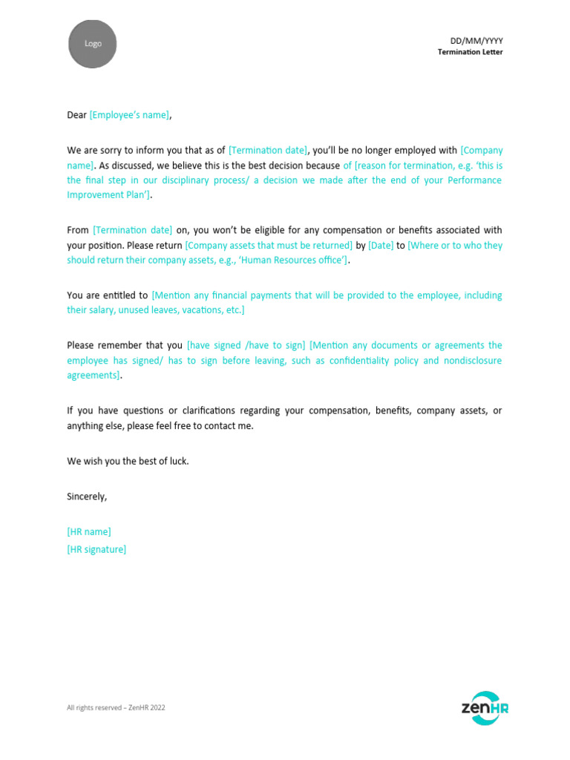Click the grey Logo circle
pyautogui.click(x=93, y=44)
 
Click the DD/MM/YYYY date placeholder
pyautogui.click(x=476, y=41)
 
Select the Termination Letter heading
pyautogui.click(x=470, y=52)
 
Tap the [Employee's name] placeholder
pyautogui.click(x=129, y=115)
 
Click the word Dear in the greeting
pyautogui.click(x=76, y=115)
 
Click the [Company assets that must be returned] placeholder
pyautogui.click(x=269, y=245)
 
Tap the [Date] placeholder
pyautogui.click(x=381, y=245)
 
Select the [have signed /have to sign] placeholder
pyautogui.click(x=246, y=345)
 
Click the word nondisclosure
pyautogui.click(x=473, y=361)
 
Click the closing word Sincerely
pyautogui.click(x=87, y=497)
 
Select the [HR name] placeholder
pyautogui.click(x=89, y=532)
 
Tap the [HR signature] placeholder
pyautogui.click(x=96, y=549)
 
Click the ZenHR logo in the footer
pyautogui.click(x=485, y=707)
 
